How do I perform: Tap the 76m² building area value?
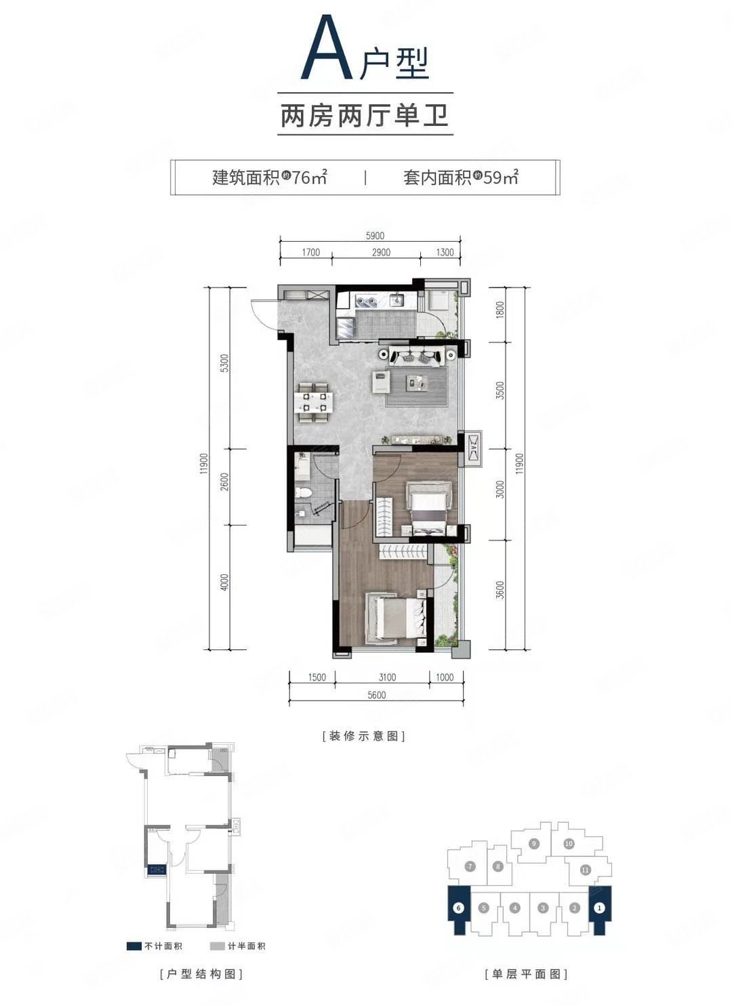click(309, 178)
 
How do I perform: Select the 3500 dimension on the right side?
click(500, 391)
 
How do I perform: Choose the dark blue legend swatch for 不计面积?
click(134, 946)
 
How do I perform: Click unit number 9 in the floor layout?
click(534, 843)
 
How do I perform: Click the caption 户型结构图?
click(201, 975)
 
